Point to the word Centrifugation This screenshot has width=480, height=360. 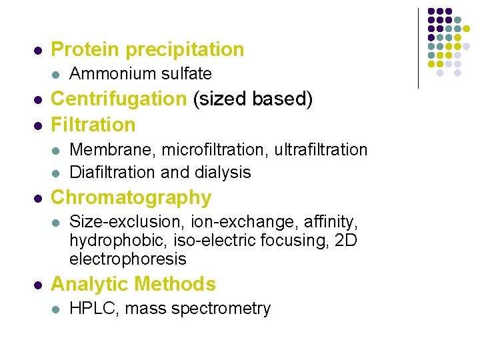[119, 99]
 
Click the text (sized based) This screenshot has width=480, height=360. [252, 99]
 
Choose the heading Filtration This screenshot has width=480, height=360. [93, 124]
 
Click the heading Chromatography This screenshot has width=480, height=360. [131, 197]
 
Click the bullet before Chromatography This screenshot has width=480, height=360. [39, 199]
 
